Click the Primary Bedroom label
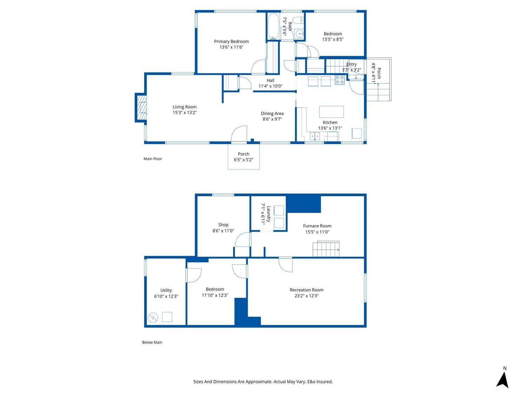tap(231, 41)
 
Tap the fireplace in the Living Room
tap(141, 108)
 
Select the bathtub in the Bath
tap(273, 27)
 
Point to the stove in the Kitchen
tap(339, 80)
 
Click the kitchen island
tap(331, 112)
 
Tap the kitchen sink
tap(315, 136)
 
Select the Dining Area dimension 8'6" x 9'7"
tap(272, 119)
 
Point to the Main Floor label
tap(153, 159)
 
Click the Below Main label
tap(152, 342)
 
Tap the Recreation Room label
tap(306, 290)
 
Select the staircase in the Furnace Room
tap(326, 249)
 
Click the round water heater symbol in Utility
tap(153, 318)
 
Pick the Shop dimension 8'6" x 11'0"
tap(223, 231)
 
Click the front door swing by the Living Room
tap(239, 135)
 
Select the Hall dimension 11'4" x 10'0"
tap(270, 86)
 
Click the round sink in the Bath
tap(299, 34)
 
